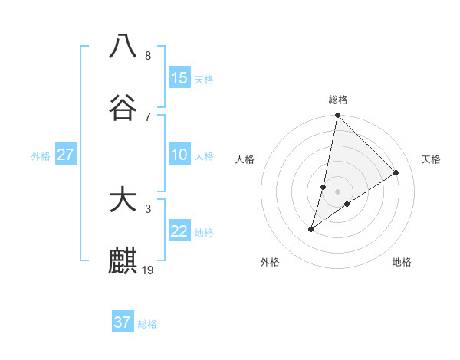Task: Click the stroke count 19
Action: [149, 270]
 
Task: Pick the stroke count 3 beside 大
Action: [148, 208]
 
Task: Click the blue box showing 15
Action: [179, 78]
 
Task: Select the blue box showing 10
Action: [179, 155]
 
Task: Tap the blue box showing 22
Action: [179, 231]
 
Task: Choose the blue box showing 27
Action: [65, 155]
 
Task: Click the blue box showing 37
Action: [123, 322]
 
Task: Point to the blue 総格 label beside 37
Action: [147, 324]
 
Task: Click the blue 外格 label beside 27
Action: [41, 156]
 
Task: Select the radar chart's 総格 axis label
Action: [338, 100]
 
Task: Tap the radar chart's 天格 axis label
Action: [432, 159]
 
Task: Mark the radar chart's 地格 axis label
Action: [402, 262]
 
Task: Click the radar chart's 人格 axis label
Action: [245, 159]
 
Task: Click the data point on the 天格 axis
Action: [396, 172]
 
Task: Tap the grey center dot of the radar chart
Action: [338, 191]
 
